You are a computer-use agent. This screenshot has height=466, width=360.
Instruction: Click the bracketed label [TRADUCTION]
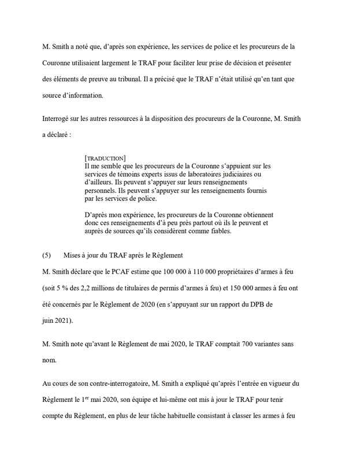[x=105, y=158]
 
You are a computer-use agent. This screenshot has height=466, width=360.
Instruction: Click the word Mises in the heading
[x=75, y=255]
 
